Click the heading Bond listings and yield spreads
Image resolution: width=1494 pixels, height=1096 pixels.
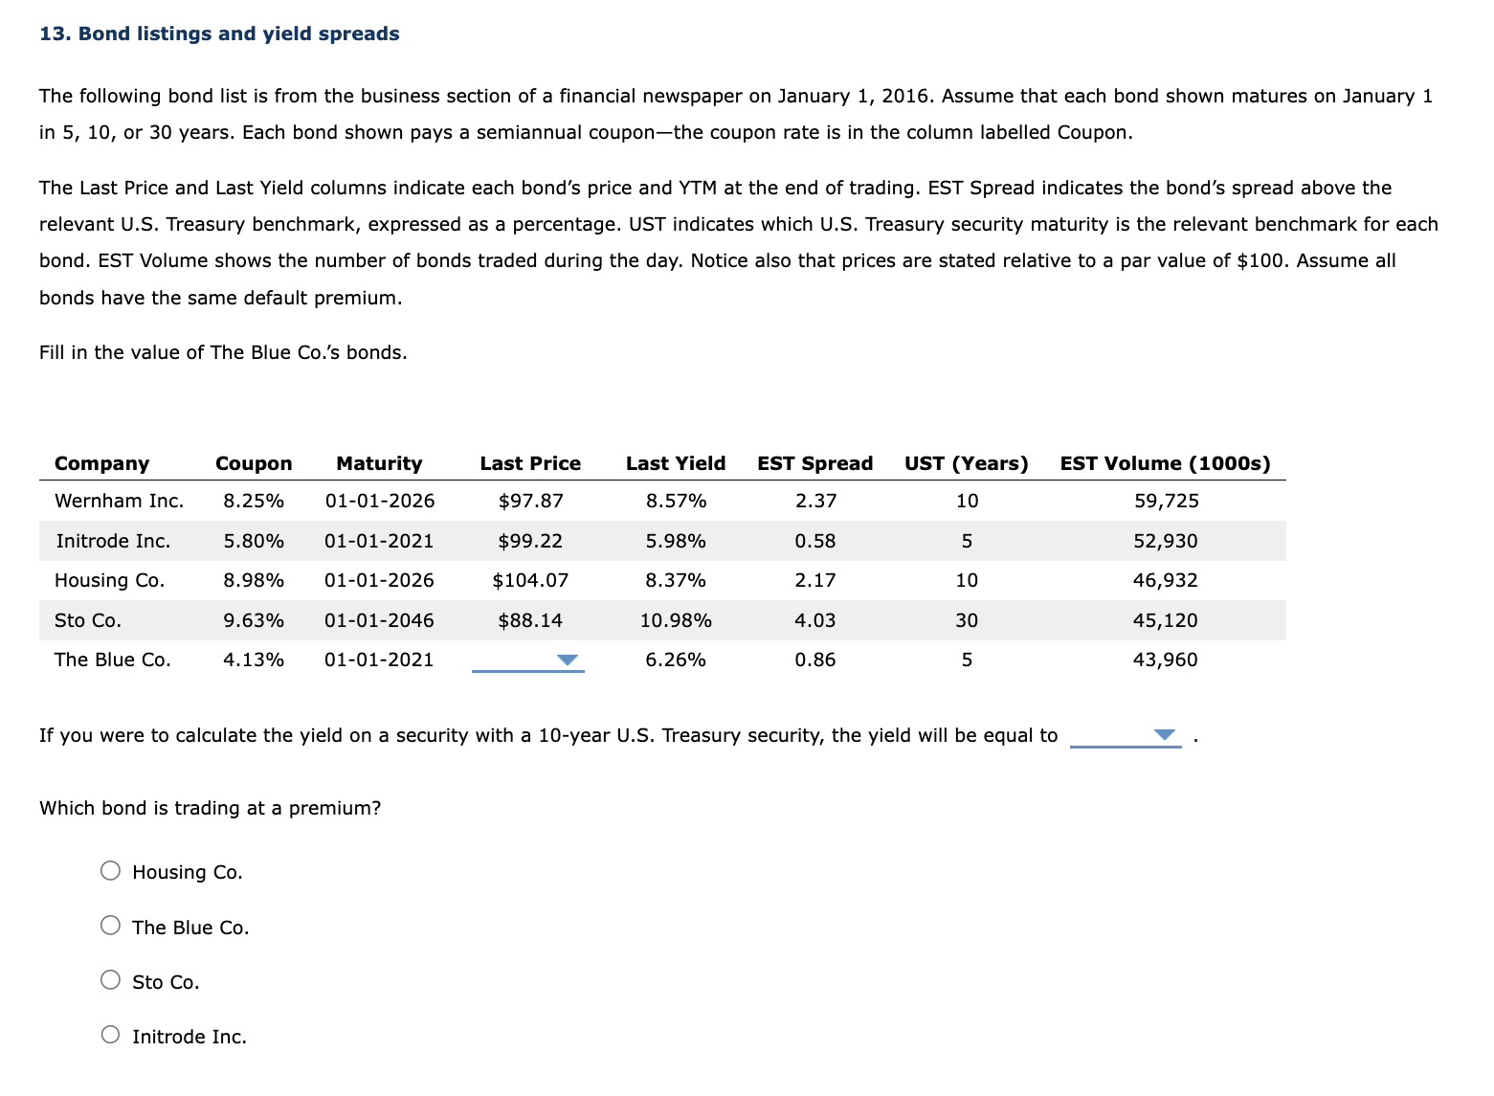219,34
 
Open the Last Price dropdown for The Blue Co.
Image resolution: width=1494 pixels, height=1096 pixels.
528,660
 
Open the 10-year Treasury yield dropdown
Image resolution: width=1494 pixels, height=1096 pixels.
1126,735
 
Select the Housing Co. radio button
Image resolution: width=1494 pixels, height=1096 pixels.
111,870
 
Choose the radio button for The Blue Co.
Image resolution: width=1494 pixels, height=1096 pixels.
111,926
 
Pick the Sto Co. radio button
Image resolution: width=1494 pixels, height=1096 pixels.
111,980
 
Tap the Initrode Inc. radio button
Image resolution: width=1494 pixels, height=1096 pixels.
111,1035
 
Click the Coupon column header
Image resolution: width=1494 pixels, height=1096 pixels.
254,463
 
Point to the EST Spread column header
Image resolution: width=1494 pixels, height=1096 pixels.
814,463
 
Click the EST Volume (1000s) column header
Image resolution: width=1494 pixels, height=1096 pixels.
1165,463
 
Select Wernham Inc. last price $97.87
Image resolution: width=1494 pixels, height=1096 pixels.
530,501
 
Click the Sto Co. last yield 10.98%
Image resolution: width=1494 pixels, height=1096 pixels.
676,620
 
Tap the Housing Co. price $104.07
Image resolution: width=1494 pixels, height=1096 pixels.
530,580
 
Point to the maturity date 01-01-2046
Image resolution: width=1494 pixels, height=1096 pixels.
379,620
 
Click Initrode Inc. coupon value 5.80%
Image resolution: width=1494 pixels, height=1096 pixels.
254,541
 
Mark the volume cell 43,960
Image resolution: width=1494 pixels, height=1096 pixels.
1165,660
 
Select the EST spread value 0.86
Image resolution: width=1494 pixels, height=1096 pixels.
814,660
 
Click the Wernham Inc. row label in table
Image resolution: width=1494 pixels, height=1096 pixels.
119,501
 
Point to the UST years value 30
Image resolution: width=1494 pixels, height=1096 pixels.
967,620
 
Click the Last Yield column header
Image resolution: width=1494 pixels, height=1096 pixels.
676,463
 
